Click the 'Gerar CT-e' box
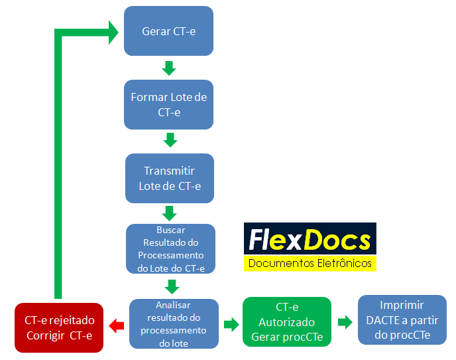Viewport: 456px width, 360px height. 168,31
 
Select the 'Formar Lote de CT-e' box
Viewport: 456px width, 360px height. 168,105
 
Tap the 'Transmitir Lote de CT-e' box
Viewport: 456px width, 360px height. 170,178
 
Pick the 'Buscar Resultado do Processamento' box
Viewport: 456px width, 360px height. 171,249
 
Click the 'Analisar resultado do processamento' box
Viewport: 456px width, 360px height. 173,323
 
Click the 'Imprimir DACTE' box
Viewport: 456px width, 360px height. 402,320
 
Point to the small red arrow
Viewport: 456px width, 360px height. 117,325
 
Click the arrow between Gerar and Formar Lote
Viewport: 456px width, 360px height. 168,68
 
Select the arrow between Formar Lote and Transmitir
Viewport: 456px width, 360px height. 170,140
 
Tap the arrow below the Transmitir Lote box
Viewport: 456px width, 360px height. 170,213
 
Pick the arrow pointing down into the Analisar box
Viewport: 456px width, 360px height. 172,286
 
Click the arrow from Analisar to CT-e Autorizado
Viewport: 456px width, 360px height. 231,324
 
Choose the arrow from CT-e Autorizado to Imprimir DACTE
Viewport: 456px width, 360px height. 345,322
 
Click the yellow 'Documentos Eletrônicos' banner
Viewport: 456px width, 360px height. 310,264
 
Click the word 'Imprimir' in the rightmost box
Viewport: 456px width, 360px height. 402,306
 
